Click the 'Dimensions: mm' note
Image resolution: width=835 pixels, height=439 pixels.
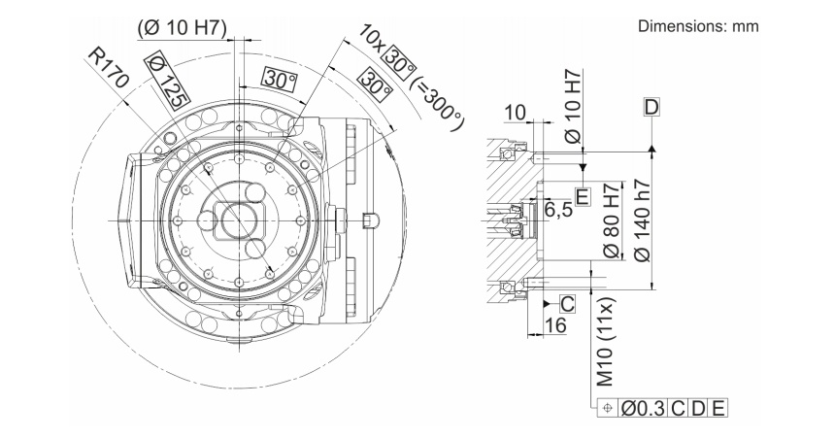pos(698,26)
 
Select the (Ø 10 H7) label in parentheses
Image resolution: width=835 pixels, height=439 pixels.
pos(183,26)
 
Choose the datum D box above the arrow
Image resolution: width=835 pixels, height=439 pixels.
pos(651,105)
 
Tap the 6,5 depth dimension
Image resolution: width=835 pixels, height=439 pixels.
pos(557,209)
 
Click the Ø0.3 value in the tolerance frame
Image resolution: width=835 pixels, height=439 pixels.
pos(645,408)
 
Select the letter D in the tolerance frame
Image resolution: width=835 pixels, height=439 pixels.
pos(698,408)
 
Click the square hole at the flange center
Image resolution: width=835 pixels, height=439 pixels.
pos(237,219)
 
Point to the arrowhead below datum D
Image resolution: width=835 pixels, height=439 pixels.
pos(651,147)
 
